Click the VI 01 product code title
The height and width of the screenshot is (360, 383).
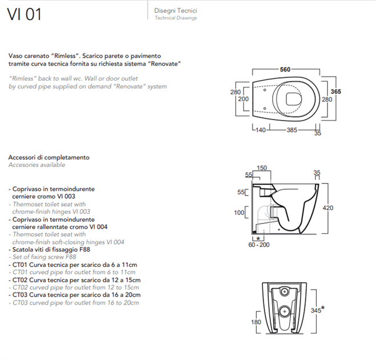(24, 14)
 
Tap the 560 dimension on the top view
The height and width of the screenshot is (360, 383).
(285, 70)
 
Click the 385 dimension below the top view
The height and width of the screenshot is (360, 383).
(292, 130)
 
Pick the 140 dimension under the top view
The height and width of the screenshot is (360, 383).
(261, 130)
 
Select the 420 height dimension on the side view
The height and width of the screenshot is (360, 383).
(328, 209)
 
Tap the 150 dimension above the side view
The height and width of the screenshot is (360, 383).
(262, 168)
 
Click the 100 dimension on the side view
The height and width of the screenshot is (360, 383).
(240, 213)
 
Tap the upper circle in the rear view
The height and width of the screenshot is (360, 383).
(285, 292)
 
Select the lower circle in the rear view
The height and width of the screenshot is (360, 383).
(285, 312)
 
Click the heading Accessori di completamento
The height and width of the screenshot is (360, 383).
(49, 157)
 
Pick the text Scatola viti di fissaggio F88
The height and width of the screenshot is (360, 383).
(51, 250)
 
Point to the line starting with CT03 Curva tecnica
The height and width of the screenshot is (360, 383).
(75, 295)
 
